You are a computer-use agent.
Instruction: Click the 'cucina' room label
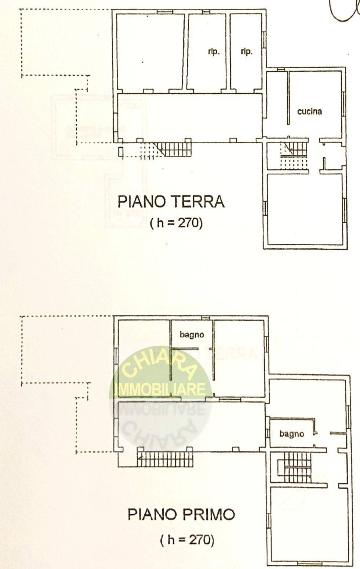(309, 112)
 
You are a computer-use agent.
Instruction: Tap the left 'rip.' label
(214, 52)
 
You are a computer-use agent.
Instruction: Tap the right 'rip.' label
(246, 52)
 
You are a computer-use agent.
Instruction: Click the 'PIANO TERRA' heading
(171, 202)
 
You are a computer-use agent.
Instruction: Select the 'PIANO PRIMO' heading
(181, 514)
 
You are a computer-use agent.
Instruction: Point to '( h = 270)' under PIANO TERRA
(176, 223)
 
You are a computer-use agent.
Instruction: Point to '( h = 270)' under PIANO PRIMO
(187, 540)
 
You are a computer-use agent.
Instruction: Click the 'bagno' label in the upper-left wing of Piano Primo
(192, 335)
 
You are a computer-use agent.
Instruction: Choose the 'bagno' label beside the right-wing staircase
(291, 434)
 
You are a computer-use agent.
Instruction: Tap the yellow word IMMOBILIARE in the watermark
(160, 389)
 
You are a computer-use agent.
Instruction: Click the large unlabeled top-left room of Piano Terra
(150, 52)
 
